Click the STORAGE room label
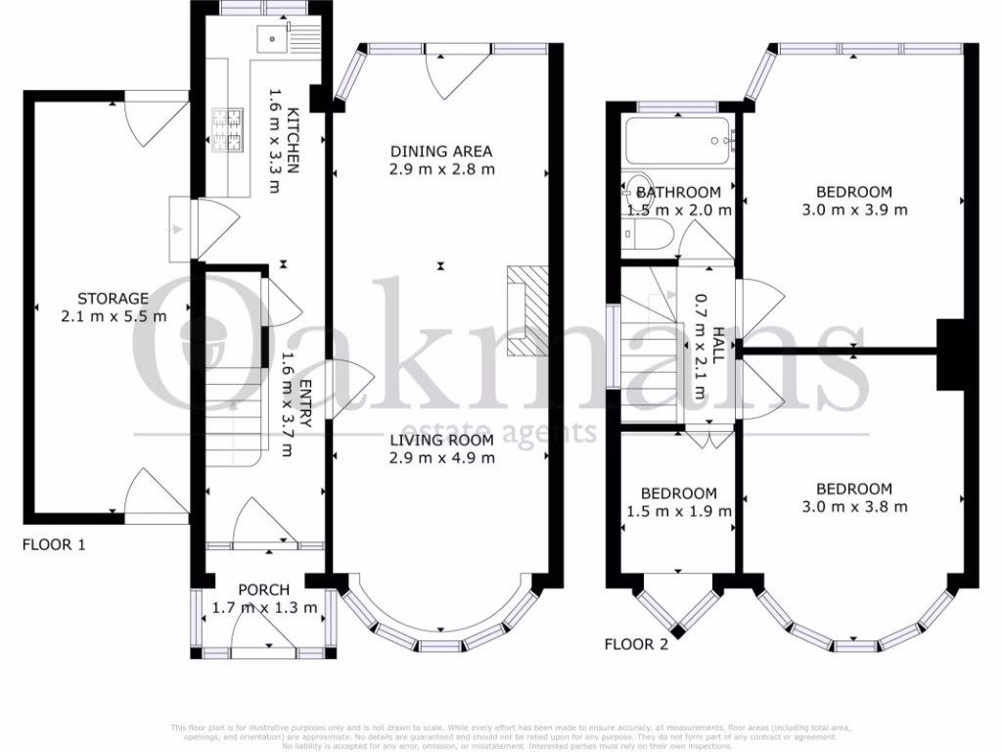point(114,299)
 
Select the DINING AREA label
point(441,151)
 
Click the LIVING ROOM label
point(442,440)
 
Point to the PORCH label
point(264,589)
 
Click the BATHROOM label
point(679,192)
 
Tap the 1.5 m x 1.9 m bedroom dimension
point(679,511)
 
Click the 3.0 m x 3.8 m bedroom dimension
point(855,506)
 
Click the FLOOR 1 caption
point(54,544)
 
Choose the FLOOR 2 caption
point(636,644)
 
